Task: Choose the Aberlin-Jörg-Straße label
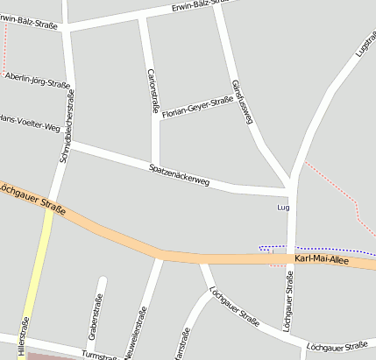pos(37,80)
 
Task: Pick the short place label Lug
pos(282,208)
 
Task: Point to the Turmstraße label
pos(98,355)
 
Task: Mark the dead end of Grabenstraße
pos(103,281)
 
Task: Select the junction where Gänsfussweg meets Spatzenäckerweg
pos(288,187)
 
